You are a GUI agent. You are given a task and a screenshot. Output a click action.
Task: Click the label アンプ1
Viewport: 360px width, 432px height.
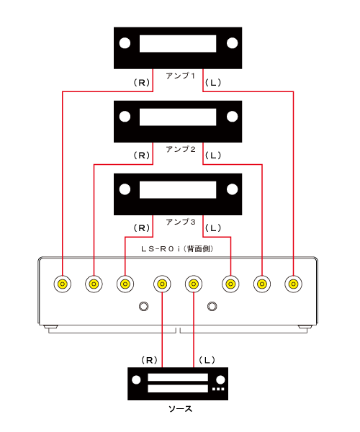click(181, 76)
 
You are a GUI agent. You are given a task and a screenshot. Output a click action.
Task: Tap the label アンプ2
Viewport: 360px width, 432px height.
click(181, 149)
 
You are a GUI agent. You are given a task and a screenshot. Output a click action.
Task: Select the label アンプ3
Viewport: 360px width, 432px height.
click(181, 222)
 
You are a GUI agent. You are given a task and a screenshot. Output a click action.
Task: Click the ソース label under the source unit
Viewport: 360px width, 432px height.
click(180, 409)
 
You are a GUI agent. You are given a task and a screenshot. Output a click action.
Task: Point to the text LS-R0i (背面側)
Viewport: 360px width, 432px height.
click(178, 249)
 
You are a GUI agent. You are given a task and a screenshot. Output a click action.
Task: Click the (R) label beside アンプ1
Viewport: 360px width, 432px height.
click(142, 82)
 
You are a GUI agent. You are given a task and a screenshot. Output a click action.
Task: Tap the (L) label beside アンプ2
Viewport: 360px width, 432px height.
click(213, 156)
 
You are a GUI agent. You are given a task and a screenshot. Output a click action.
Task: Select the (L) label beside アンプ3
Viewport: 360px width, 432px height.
click(213, 228)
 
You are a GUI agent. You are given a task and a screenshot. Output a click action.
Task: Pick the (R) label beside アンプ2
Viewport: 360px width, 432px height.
click(142, 156)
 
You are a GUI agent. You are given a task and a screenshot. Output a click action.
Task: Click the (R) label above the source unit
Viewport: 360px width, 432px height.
click(149, 360)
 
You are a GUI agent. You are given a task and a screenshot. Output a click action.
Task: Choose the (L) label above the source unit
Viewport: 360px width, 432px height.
click(207, 360)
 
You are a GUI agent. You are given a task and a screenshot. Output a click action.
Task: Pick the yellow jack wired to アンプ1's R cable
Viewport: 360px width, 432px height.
click(63, 284)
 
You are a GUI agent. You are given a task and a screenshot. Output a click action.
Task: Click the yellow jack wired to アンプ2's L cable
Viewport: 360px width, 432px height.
click(262, 284)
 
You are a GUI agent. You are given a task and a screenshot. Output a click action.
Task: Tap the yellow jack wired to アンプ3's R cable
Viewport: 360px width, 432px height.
click(125, 284)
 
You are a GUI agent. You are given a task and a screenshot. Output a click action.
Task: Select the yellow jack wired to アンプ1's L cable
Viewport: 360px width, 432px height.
click(293, 284)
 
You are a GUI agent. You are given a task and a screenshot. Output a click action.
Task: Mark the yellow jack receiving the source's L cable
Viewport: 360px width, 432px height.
click(194, 284)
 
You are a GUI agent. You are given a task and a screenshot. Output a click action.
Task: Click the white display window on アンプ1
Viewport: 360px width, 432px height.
click(178, 43)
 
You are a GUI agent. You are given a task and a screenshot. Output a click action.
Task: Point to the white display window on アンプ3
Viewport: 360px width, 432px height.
click(178, 189)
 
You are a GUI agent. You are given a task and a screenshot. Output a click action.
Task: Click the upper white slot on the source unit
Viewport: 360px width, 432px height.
click(178, 377)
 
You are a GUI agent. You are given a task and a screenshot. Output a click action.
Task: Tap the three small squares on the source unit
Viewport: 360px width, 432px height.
click(218, 389)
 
